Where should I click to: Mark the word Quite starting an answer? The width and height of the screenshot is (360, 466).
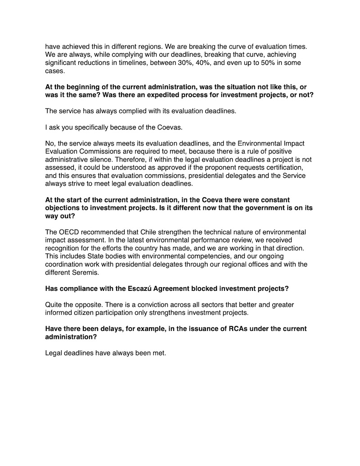(x=54, y=305)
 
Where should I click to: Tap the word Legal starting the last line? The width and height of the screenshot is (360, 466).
(x=54, y=353)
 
